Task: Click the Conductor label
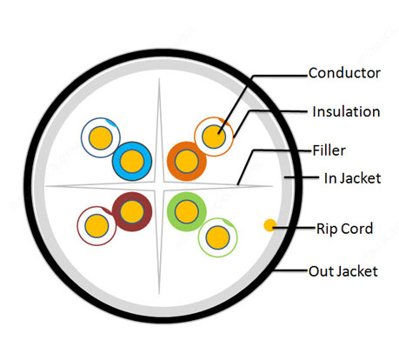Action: click(344, 73)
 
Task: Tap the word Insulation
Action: click(346, 111)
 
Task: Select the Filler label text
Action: click(329, 150)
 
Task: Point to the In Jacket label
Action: click(352, 178)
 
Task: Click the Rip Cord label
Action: click(344, 229)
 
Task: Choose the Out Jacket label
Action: click(343, 271)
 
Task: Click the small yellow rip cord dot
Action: click(270, 225)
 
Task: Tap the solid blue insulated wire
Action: click(132, 161)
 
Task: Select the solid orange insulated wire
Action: click(187, 161)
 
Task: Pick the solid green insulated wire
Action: click(187, 211)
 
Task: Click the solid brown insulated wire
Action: click(132, 211)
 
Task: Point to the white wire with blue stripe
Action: click(101, 137)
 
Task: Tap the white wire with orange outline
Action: click(214, 137)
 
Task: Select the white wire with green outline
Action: click(218, 237)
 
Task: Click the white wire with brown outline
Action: click(96, 226)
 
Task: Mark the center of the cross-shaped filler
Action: click(159, 186)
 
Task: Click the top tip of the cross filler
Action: click(159, 78)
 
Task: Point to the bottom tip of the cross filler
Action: click(159, 295)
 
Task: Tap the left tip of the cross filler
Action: click(45, 187)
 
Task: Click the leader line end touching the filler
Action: click(237, 184)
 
